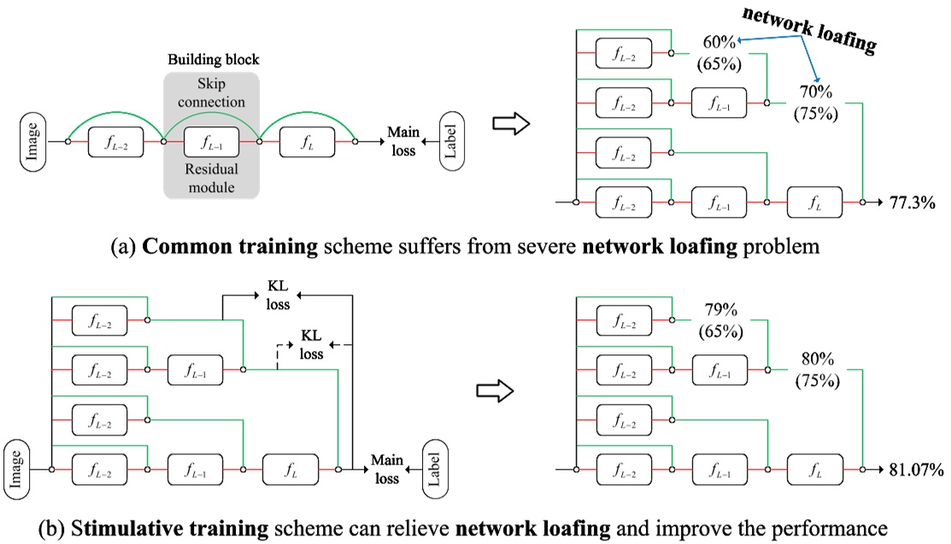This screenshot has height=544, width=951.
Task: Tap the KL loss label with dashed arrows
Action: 309,346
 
